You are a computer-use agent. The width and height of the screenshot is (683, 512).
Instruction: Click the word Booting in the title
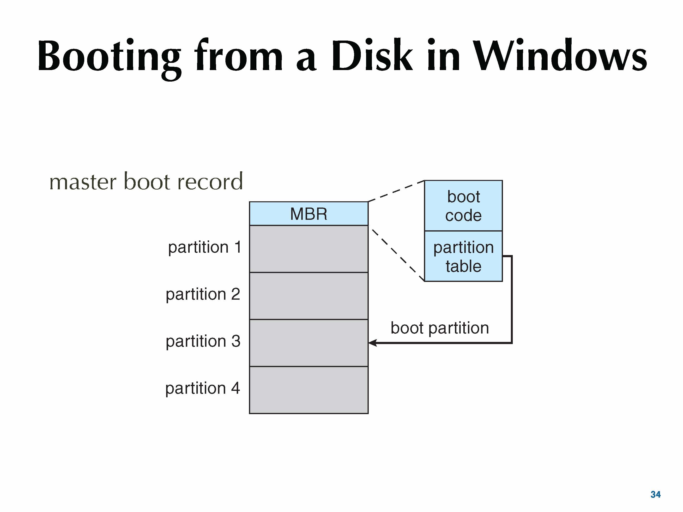(x=109, y=59)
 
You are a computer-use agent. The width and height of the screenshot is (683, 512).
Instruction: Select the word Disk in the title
(x=372, y=55)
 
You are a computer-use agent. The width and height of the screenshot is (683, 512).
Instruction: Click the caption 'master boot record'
(x=146, y=181)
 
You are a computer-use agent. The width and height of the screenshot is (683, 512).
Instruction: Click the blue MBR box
(x=309, y=214)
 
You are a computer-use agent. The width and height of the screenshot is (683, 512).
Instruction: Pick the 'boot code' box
(x=464, y=206)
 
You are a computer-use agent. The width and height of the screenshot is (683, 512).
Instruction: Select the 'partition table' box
(x=464, y=256)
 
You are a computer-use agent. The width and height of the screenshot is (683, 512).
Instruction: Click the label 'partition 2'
(x=203, y=294)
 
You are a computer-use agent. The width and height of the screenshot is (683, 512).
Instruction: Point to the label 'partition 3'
(x=203, y=342)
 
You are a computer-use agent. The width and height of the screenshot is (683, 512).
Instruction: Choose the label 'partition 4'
(x=203, y=388)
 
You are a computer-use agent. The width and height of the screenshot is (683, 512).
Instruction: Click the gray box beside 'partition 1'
(x=309, y=249)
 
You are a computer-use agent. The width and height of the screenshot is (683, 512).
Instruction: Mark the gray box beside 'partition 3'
(x=309, y=343)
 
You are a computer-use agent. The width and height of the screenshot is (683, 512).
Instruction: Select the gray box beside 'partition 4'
(x=309, y=390)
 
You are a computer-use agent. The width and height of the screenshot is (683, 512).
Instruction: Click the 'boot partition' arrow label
(x=440, y=328)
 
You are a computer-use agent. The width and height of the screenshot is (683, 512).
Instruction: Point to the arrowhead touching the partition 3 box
(x=372, y=343)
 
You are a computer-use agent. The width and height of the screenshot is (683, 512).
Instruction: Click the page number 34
(x=656, y=494)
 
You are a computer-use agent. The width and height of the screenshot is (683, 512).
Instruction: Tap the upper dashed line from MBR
(x=396, y=191)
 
